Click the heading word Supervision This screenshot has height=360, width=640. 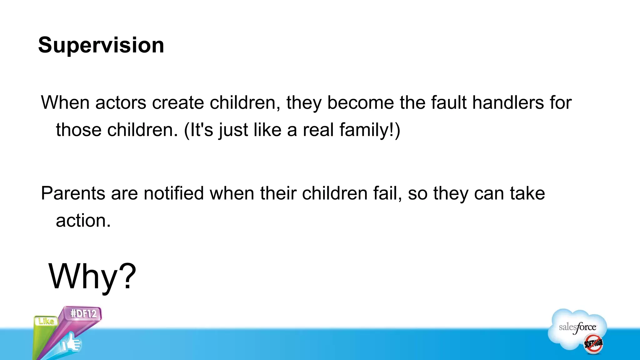tap(101, 45)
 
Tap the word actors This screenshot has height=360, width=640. tap(121, 102)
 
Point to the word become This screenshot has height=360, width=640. tap(360, 102)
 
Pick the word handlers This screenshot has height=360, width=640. tap(508, 102)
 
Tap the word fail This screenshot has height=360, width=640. tap(387, 193)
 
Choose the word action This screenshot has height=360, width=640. tap(83, 221)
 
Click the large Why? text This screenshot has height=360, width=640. tap(92, 277)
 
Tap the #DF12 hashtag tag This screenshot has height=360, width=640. tap(83, 313)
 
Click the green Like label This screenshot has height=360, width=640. tap(46, 321)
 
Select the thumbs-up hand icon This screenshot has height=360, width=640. tap(71, 343)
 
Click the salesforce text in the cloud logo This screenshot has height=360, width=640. tap(577, 327)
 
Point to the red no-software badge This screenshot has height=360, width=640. tap(593, 343)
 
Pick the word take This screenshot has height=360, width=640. tap(527, 193)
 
